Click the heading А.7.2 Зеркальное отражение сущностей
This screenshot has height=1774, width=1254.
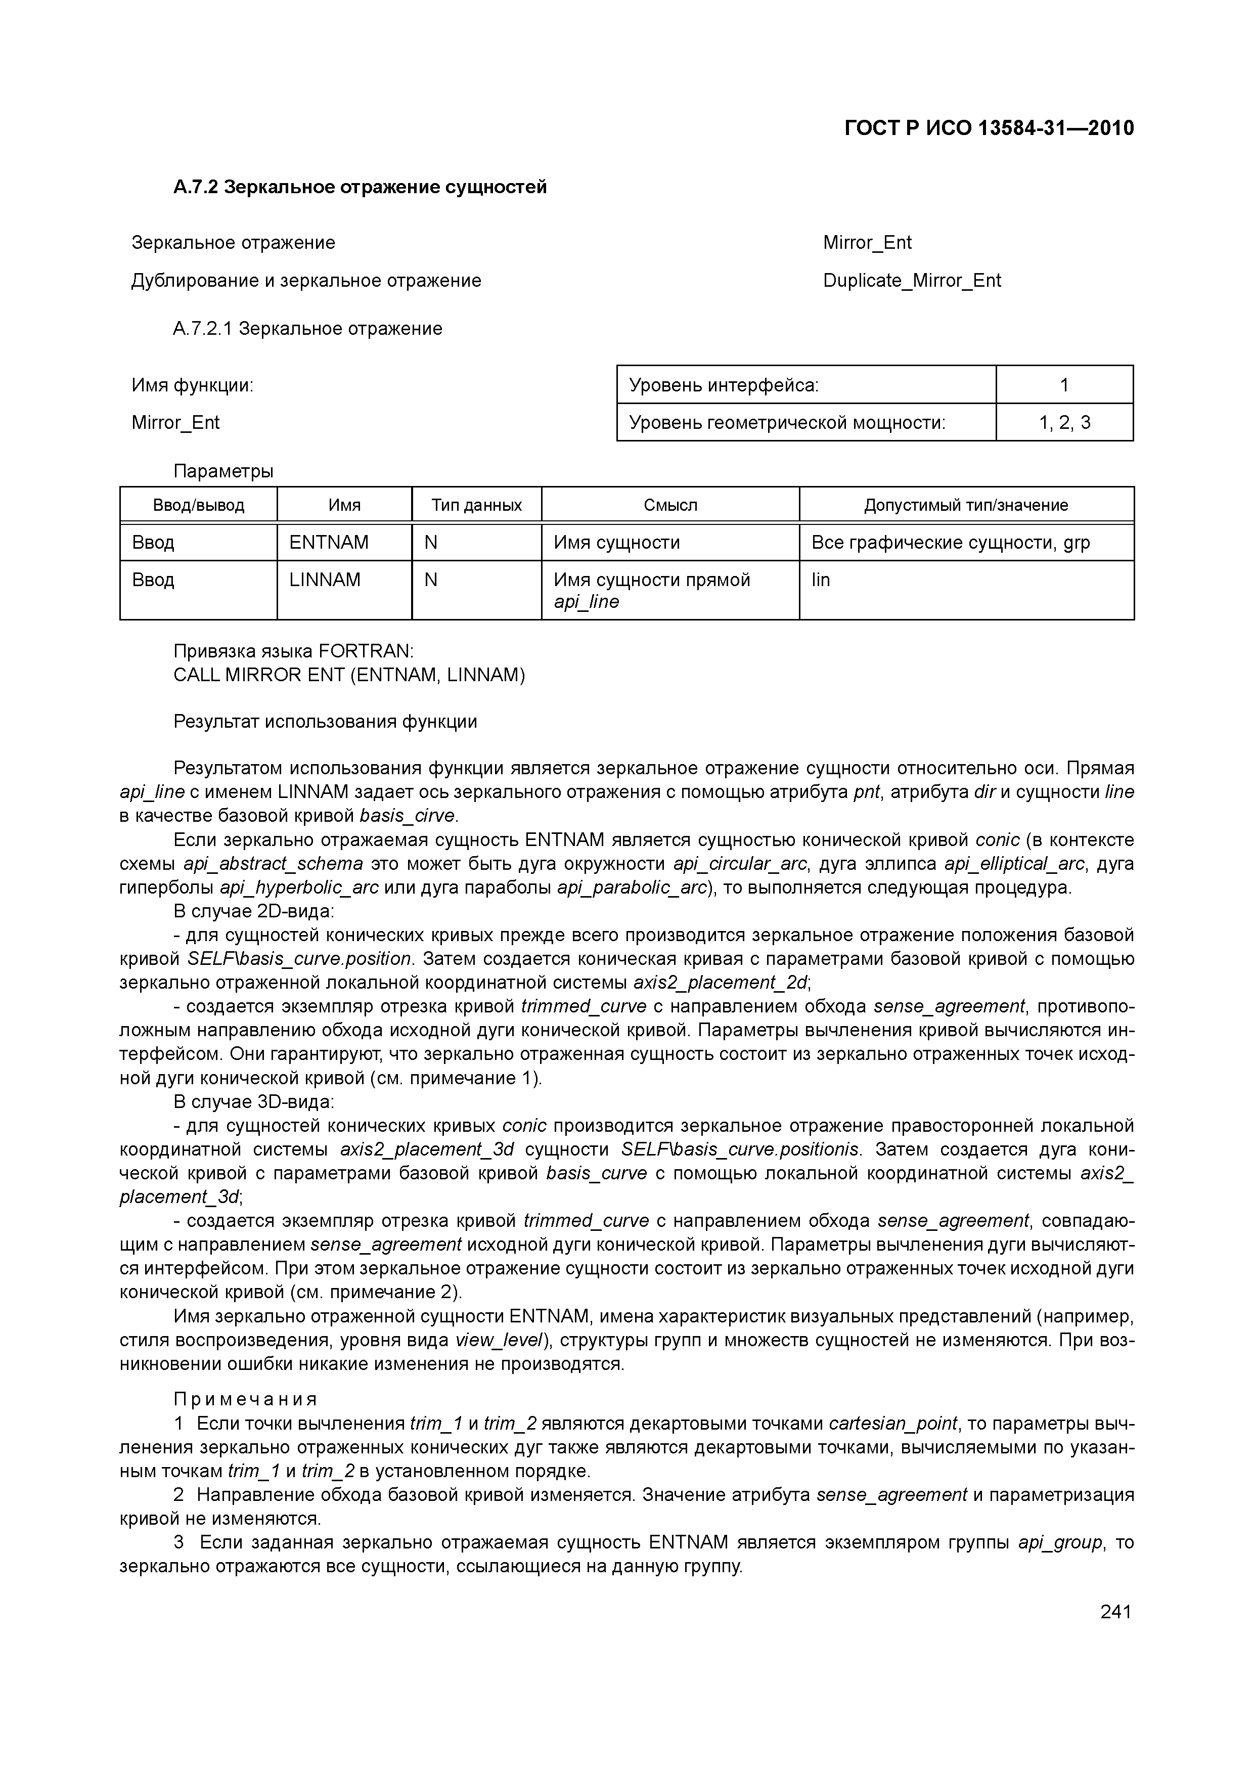(360, 187)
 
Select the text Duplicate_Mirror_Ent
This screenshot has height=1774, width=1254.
(912, 281)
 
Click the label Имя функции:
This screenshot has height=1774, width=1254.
(192, 385)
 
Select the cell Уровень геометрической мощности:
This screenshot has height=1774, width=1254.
(787, 423)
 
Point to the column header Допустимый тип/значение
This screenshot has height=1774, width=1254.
(966, 505)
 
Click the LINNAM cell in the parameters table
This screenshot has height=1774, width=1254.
(325, 580)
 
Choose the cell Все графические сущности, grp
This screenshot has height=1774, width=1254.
(950, 543)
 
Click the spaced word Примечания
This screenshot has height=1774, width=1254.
(245, 1399)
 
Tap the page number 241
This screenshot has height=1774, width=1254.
(1115, 1611)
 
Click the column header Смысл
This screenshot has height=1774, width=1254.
(670, 505)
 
